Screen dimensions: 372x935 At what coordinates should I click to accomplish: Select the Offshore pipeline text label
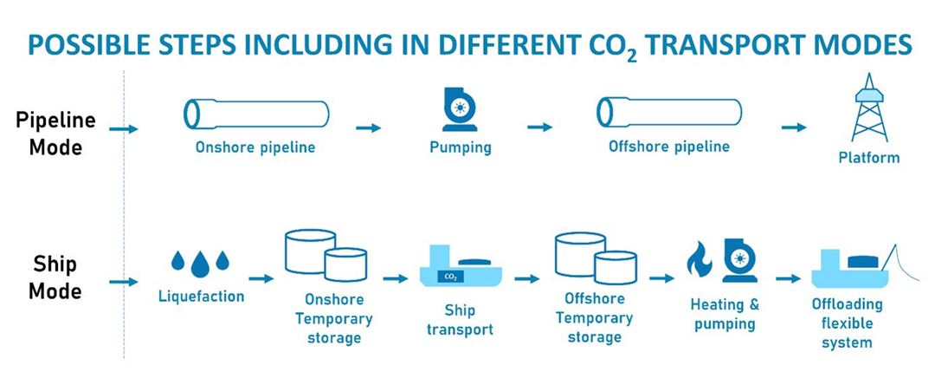click(x=668, y=147)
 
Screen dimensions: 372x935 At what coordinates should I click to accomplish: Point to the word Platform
click(x=869, y=158)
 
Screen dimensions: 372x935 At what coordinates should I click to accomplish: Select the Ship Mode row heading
click(x=55, y=277)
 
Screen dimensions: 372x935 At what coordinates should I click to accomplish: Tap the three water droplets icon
click(x=200, y=260)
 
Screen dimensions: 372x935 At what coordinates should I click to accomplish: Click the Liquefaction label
click(x=201, y=297)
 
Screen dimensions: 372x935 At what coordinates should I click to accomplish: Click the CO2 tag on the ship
click(x=450, y=277)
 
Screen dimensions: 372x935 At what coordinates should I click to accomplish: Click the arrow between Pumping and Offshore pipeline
click(x=540, y=127)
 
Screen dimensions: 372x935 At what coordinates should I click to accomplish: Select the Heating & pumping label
click(x=725, y=315)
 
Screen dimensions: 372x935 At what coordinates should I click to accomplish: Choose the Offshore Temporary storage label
click(x=594, y=317)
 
